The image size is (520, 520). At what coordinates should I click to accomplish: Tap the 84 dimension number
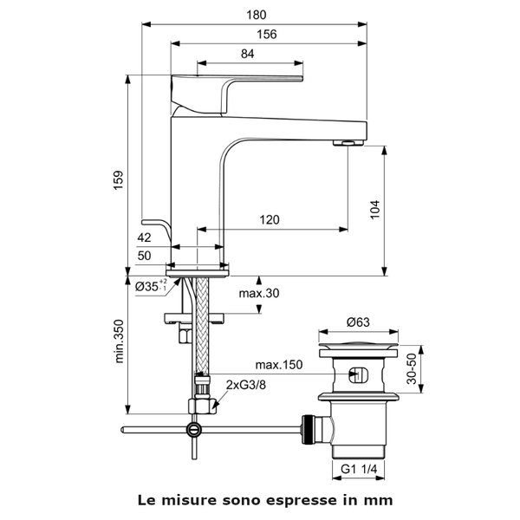click(247, 54)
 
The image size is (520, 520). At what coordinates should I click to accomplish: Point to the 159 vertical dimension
click(119, 178)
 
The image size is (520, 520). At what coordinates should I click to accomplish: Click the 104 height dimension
click(374, 209)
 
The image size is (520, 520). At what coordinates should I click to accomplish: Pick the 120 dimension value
click(270, 220)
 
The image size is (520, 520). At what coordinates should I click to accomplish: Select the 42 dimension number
click(145, 237)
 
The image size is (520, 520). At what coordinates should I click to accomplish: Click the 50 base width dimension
click(145, 256)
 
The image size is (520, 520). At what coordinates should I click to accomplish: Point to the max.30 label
click(259, 293)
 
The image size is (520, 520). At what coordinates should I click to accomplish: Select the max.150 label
click(279, 365)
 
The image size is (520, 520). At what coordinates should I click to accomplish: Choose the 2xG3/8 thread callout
click(245, 383)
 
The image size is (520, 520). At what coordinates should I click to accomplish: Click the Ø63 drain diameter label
click(359, 322)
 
